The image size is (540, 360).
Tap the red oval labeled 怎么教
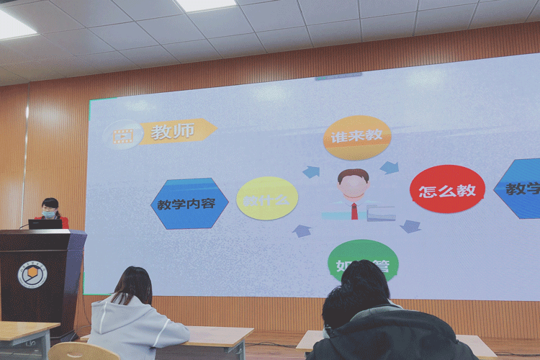(447, 190)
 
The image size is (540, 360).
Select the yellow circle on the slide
(267, 199)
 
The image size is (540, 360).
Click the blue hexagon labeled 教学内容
(189, 203)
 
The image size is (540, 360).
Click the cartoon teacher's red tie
(354, 210)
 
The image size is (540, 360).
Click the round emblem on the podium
(32, 274)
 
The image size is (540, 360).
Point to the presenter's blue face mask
(49, 214)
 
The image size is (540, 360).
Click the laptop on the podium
(45, 224)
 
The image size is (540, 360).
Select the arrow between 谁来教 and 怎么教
(390, 168)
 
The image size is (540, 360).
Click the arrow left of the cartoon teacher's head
(311, 172)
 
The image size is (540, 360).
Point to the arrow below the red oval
(410, 226)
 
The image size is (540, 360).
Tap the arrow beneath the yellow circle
(302, 230)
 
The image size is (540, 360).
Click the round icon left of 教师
(123, 135)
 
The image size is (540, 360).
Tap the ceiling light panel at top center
(207, 5)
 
